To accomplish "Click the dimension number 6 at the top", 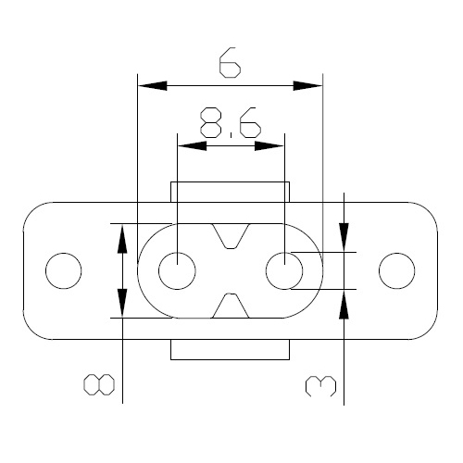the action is pyautogui.click(x=230, y=62).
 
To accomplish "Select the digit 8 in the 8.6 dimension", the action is pyautogui.click(x=211, y=122).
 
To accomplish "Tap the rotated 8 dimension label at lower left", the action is pyautogui.click(x=99, y=384).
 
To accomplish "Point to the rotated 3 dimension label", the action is pyautogui.click(x=320, y=386).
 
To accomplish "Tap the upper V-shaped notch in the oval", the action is pyautogui.click(x=231, y=236).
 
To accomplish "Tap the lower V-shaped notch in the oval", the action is pyautogui.click(x=231, y=306).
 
